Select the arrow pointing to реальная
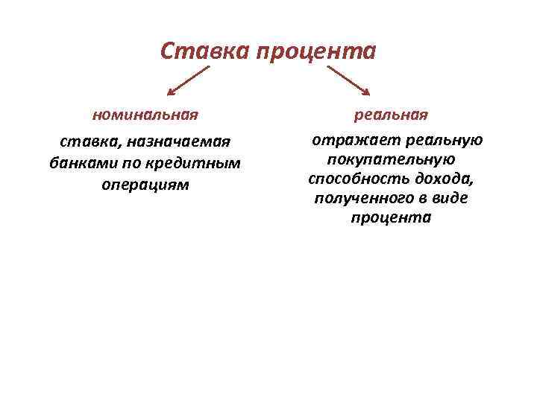coord(348,80)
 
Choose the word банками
coord(78,162)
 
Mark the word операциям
coord(145,183)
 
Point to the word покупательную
coord(391,159)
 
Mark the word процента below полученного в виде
coord(390,218)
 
